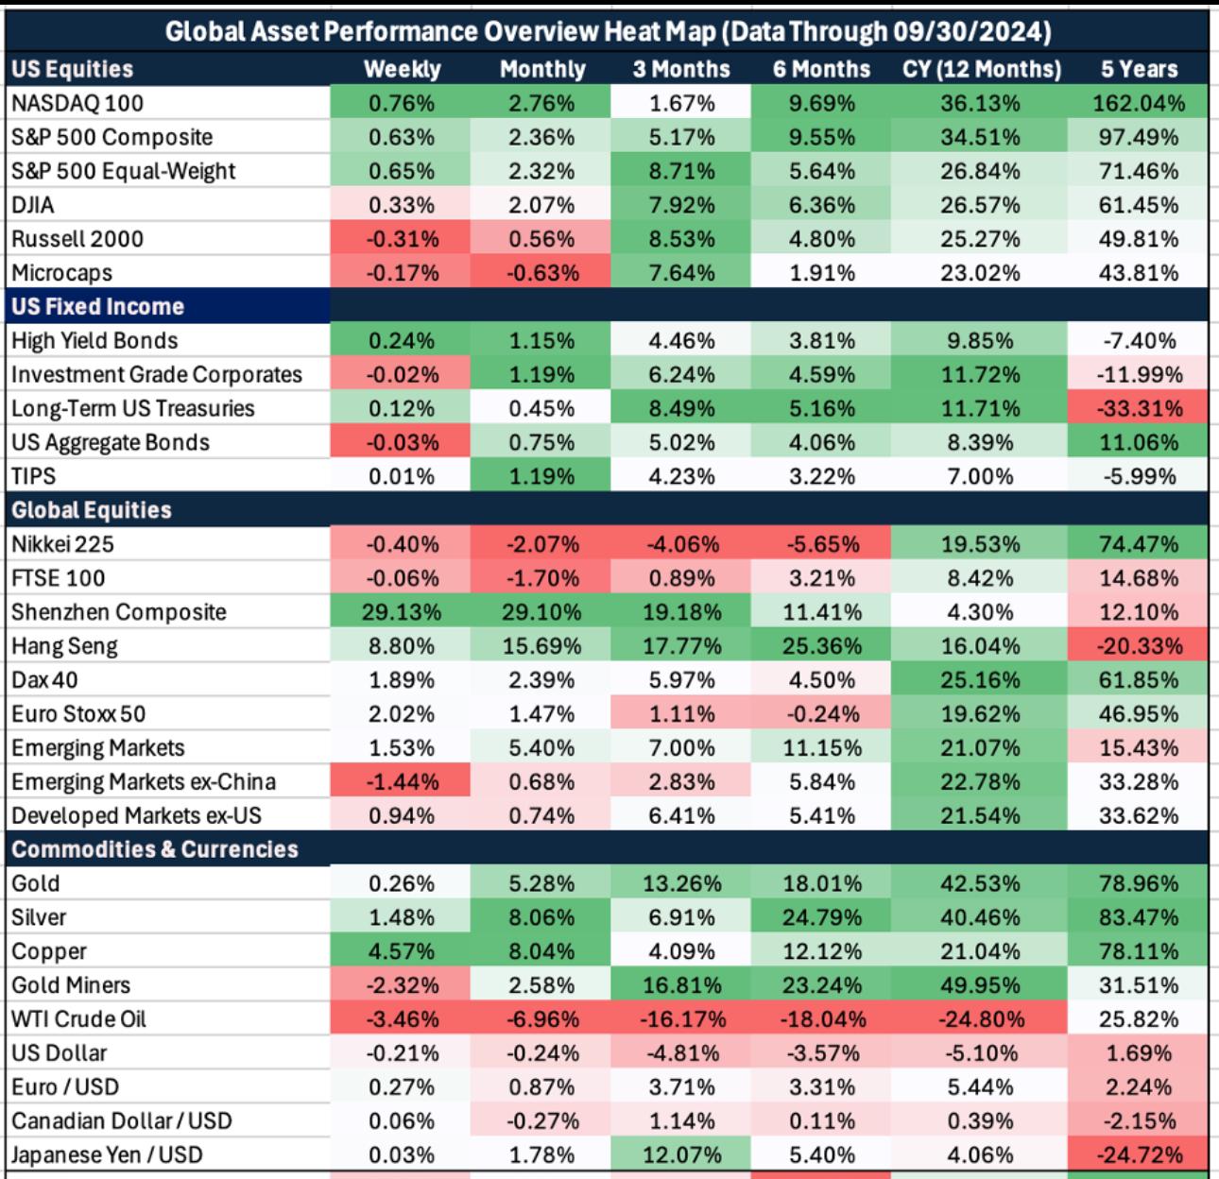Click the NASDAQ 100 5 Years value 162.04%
pos(1139,103)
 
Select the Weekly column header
pos(402,69)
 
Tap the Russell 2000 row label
pos(77,239)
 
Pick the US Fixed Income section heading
pos(97,307)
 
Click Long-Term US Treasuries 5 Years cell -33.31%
pos(1139,409)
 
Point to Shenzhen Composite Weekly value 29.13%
pos(402,612)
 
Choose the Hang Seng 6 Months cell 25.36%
pos(821,646)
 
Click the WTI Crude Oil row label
pos(78,1019)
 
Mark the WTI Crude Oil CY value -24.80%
pos(980,1019)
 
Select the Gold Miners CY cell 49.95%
pos(980,985)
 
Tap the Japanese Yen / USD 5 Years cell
pos(1139,1154)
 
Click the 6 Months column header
pos(821,69)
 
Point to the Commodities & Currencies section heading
pos(155,849)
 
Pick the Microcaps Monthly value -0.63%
pos(541,273)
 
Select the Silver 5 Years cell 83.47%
pos(1139,917)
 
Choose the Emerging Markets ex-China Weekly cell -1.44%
pos(402,782)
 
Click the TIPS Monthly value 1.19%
pos(541,476)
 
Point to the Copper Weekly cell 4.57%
pos(402,951)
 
